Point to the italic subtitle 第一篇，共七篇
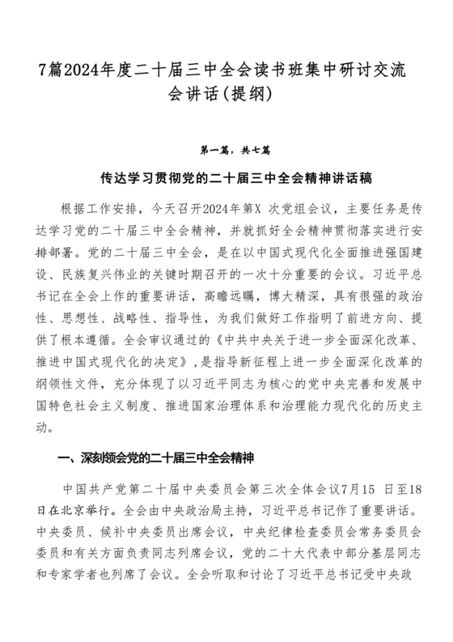point(226,150)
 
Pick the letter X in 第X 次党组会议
point(282,206)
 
